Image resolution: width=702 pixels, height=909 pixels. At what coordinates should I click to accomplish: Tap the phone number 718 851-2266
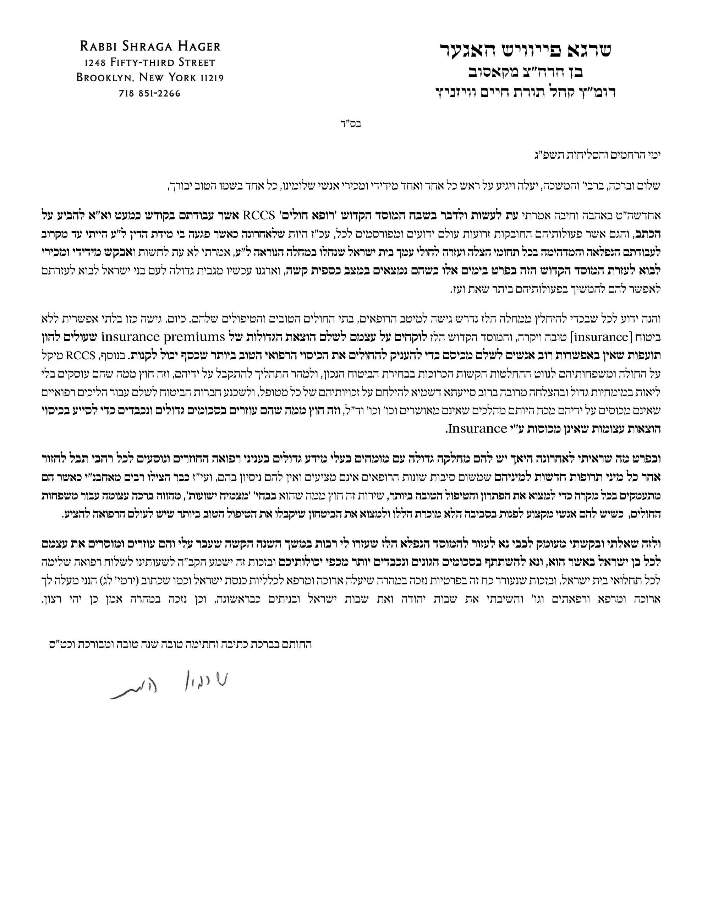[150, 94]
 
